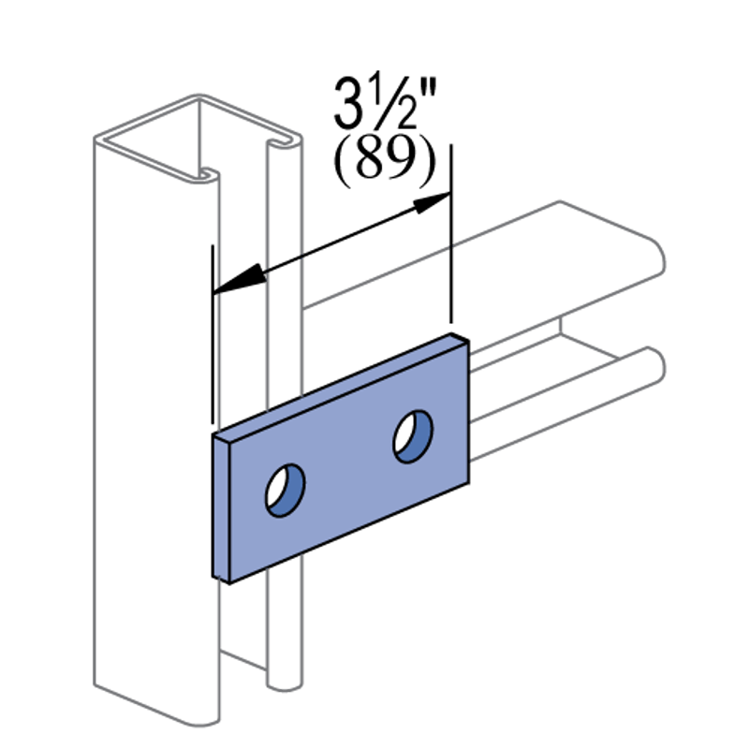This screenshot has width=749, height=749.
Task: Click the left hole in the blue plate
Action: tap(286, 490)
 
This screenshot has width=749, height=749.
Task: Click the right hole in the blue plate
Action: tap(413, 436)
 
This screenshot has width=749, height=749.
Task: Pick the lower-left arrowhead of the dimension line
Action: tap(239, 279)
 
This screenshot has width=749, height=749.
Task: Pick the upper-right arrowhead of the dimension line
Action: tap(432, 202)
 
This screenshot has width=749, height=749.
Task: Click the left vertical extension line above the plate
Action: tap(213, 334)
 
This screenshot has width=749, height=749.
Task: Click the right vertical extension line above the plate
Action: tap(451, 233)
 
